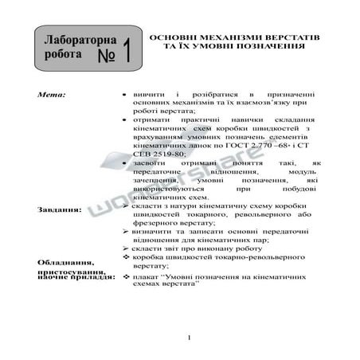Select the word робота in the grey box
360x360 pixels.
coord(63,57)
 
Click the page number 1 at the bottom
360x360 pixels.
coord(188,338)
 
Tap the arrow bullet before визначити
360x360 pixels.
coord(125,230)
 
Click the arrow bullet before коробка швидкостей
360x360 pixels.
coord(125,257)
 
